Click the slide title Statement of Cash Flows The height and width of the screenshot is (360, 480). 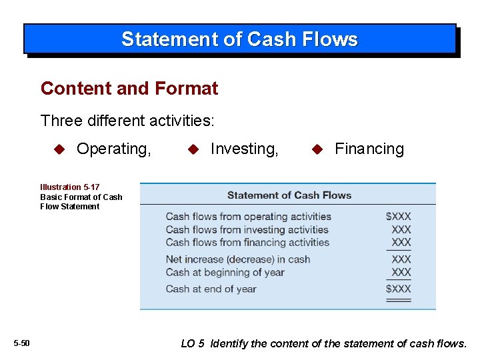tap(239, 39)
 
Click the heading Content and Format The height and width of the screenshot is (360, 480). tap(129, 88)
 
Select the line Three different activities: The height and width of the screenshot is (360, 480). tap(127, 121)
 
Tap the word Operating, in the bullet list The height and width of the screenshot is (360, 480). tap(114, 149)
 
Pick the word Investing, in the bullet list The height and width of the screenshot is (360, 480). tap(244, 149)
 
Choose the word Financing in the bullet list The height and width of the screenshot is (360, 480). tap(369, 149)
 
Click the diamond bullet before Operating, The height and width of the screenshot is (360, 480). tap(59, 149)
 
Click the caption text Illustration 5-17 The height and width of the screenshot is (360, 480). tap(70, 187)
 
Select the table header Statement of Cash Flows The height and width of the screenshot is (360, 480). tap(289, 195)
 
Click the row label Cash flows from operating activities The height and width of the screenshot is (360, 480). tap(248, 216)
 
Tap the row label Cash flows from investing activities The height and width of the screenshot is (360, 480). tap(247, 229)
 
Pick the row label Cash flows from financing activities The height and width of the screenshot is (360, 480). tap(247, 242)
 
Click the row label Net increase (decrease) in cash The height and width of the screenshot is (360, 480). tap(238, 259)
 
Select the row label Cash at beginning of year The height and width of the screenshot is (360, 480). tap(225, 272)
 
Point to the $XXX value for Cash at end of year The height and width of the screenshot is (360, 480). tap(399, 289)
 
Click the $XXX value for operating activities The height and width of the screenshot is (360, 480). tap(399, 216)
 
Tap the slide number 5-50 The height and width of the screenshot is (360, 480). tap(21, 343)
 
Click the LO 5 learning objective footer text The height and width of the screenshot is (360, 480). tap(324, 343)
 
